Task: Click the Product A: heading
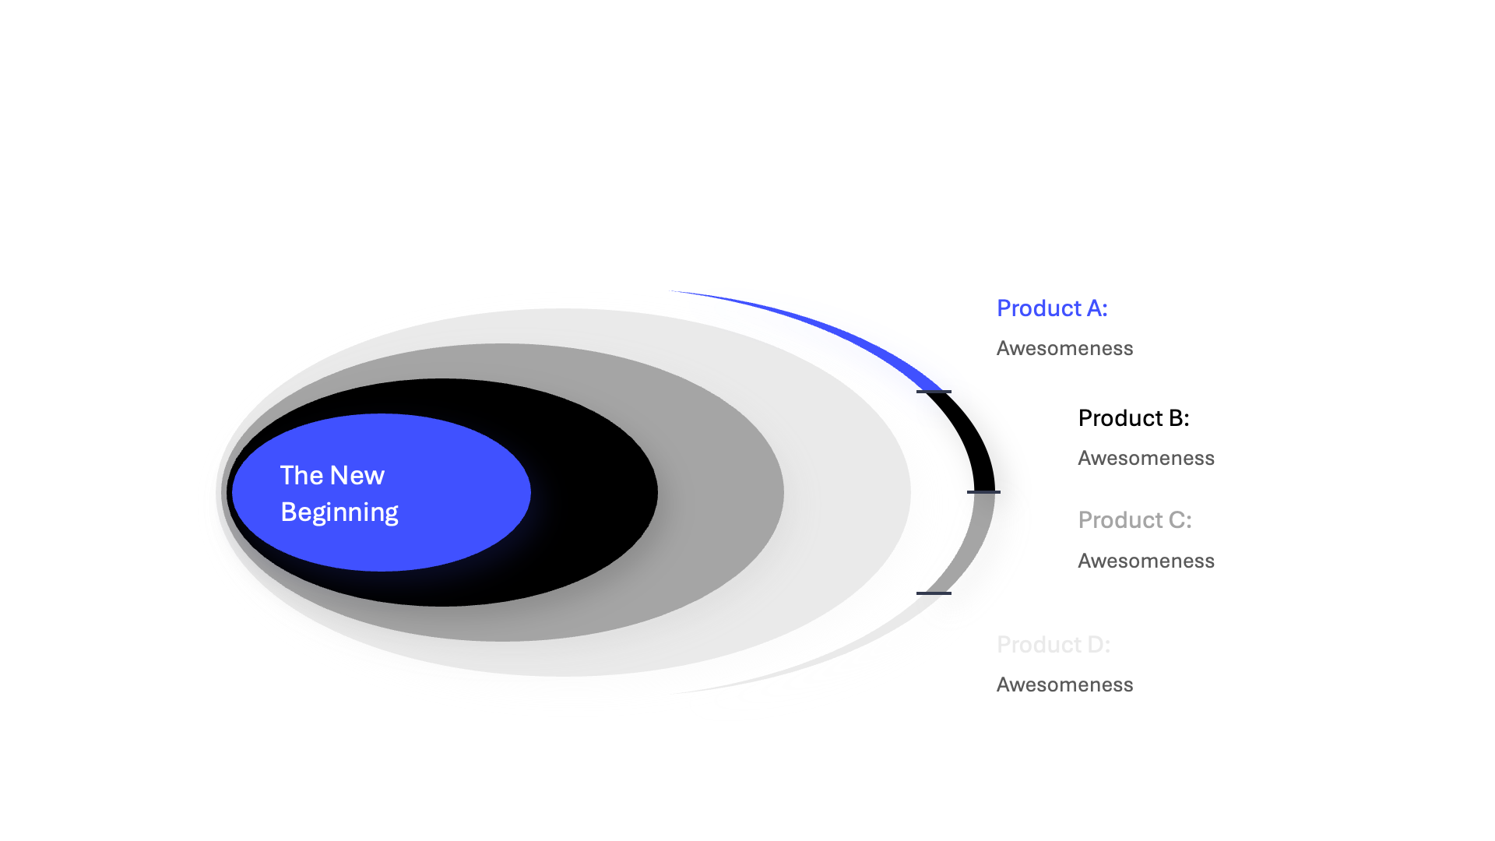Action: pyautogui.click(x=1052, y=308)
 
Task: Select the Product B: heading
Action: pyautogui.click(x=1134, y=418)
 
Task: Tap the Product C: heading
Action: pyautogui.click(x=1134, y=520)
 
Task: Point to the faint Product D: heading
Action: pyautogui.click(x=1054, y=645)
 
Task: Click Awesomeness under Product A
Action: pyautogui.click(x=1064, y=348)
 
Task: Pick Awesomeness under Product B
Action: pyautogui.click(x=1146, y=458)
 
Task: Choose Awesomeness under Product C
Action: pyautogui.click(x=1146, y=561)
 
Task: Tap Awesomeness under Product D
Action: pyautogui.click(x=1064, y=684)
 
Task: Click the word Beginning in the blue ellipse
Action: pyautogui.click(x=339, y=513)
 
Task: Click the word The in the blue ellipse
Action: pyautogui.click(x=301, y=476)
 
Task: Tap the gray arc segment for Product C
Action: pyautogui.click(x=972, y=545)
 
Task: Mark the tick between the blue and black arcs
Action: pyautogui.click(x=934, y=392)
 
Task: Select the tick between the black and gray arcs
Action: pyautogui.click(x=983, y=492)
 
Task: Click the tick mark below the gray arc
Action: pyautogui.click(x=934, y=593)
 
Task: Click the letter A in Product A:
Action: pyautogui.click(x=1094, y=308)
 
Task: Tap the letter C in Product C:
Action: pyautogui.click(x=1177, y=520)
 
